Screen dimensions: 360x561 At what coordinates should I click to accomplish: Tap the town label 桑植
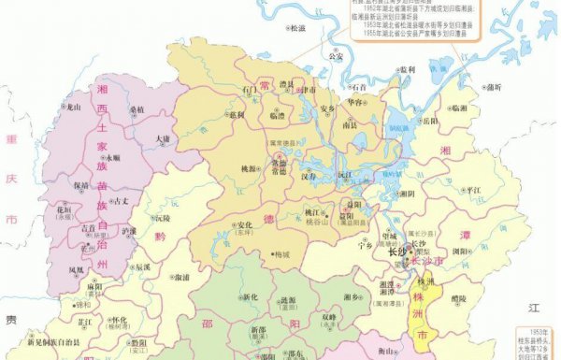pyautogui.click(x=137, y=109)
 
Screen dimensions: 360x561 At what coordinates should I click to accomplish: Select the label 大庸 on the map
pyautogui.click(x=164, y=138)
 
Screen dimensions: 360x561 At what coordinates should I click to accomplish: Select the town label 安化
pyautogui.click(x=245, y=225)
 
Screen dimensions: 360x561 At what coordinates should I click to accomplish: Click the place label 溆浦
pyautogui.click(x=180, y=278)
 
